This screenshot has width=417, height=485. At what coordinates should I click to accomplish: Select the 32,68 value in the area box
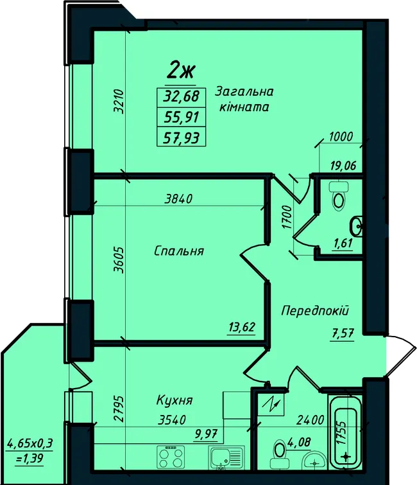coord(182,97)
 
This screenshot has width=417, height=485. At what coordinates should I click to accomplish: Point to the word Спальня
coord(179,251)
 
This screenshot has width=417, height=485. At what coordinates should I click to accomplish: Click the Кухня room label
coord(174,400)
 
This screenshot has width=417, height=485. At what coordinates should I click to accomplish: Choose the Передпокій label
coord(316,310)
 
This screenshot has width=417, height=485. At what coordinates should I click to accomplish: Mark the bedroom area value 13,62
coord(242,327)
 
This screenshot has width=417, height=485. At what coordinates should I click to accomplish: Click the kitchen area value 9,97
coord(206,436)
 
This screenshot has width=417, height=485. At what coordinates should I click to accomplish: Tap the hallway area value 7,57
coord(342,334)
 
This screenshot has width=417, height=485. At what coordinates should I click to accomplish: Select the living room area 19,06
coord(342,166)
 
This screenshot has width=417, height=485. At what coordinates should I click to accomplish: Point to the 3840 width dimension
coord(178,198)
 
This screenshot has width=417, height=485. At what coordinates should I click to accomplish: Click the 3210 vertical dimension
coord(119,101)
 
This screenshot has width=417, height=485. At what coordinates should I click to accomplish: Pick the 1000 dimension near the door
coord(341,137)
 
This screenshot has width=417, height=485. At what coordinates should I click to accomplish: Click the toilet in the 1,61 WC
coord(339,195)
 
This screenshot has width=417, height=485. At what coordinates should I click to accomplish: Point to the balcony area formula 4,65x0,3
coord(30,443)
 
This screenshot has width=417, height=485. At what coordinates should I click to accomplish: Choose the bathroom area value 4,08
coord(300,442)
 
